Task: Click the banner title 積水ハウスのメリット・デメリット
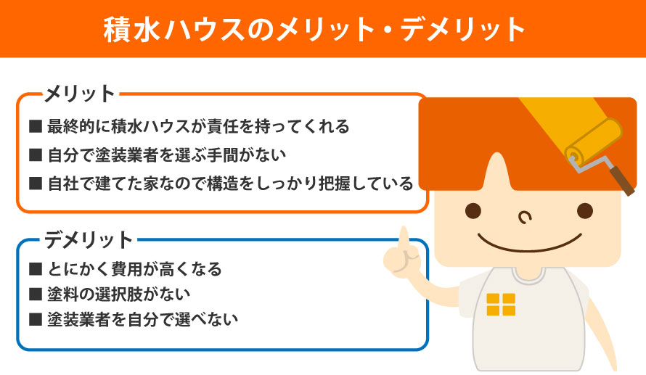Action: coord(314,29)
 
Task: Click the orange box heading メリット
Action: coord(80,94)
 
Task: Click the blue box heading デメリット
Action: coord(89,240)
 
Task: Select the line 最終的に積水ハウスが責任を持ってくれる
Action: coord(198,126)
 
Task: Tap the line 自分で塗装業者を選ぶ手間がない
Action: coord(167,155)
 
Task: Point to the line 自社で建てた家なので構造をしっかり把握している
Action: coord(230,184)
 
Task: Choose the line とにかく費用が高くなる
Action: coord(135,269)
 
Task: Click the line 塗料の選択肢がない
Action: coord(118,294)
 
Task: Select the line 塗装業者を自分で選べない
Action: coord(142,319)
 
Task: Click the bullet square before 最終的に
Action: coord(36,126)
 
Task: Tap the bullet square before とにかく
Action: coord(36,269)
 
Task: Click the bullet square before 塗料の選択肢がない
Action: coord(36,294)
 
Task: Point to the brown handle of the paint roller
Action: coord(622,181)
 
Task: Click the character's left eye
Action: coord(473,211)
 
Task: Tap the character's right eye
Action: coord(584,211)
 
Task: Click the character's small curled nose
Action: coord(525,217)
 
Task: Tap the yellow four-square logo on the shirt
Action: coord(501,305)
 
